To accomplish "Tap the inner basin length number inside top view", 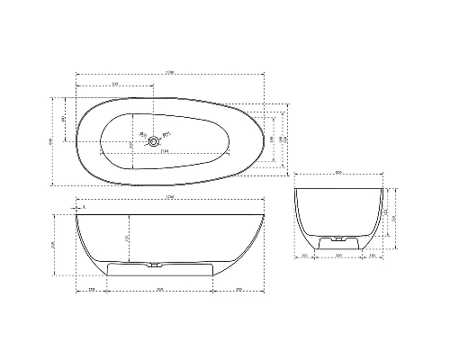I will [x=165, y=150].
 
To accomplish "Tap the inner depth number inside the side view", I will [x=127, y=238].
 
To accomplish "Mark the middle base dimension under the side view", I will [x=159, y=290].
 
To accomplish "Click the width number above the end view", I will [x=339, y=173].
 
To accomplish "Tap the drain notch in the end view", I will [x=339, y=241].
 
